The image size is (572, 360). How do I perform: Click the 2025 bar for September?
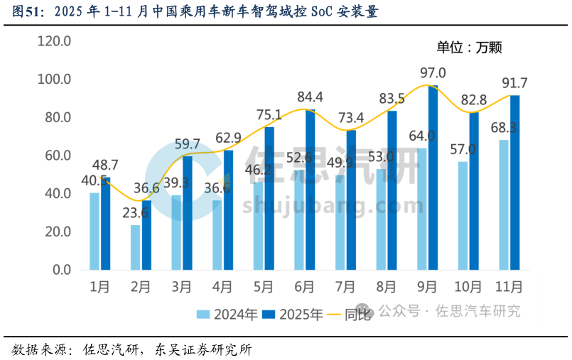(433, 178)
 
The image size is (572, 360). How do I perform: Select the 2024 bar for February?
(135, 248)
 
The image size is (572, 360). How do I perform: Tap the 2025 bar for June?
(310, 190)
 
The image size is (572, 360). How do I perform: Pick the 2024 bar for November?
(503, 205)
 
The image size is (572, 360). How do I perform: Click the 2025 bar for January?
(105, 224)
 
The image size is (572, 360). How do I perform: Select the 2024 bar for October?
(463, 216)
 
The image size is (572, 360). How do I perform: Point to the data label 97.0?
(433, 73)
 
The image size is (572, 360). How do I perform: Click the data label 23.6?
(135, 213)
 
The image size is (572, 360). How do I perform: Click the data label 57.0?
(463, 149)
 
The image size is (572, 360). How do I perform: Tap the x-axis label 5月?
(263, 288)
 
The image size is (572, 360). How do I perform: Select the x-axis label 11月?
(509, 288)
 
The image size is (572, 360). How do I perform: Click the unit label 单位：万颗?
(469, 48)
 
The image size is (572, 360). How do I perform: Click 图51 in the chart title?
(15, 12)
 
